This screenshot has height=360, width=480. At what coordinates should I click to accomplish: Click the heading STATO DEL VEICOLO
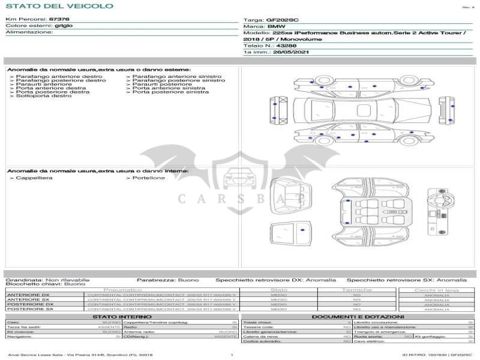(x=59, y=6)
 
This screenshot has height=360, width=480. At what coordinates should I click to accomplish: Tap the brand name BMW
(x=276, y=26)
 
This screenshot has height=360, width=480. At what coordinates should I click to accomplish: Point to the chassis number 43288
(x=286, y=46)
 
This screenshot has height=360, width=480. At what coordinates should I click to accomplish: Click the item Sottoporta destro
(x=41, y=96)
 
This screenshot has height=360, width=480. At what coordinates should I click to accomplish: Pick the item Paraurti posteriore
(x=157, y=85)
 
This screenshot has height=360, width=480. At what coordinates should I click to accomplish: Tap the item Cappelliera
(x=33, y=178)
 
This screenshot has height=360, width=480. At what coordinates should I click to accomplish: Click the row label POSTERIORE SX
(x=29, y=310)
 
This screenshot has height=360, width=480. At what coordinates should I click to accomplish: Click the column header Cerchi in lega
(x=437, y=290)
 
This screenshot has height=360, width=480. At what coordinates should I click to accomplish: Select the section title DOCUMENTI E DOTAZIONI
(x=358, y=317)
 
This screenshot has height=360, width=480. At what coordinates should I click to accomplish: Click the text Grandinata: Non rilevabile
(x=47, y=280)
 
